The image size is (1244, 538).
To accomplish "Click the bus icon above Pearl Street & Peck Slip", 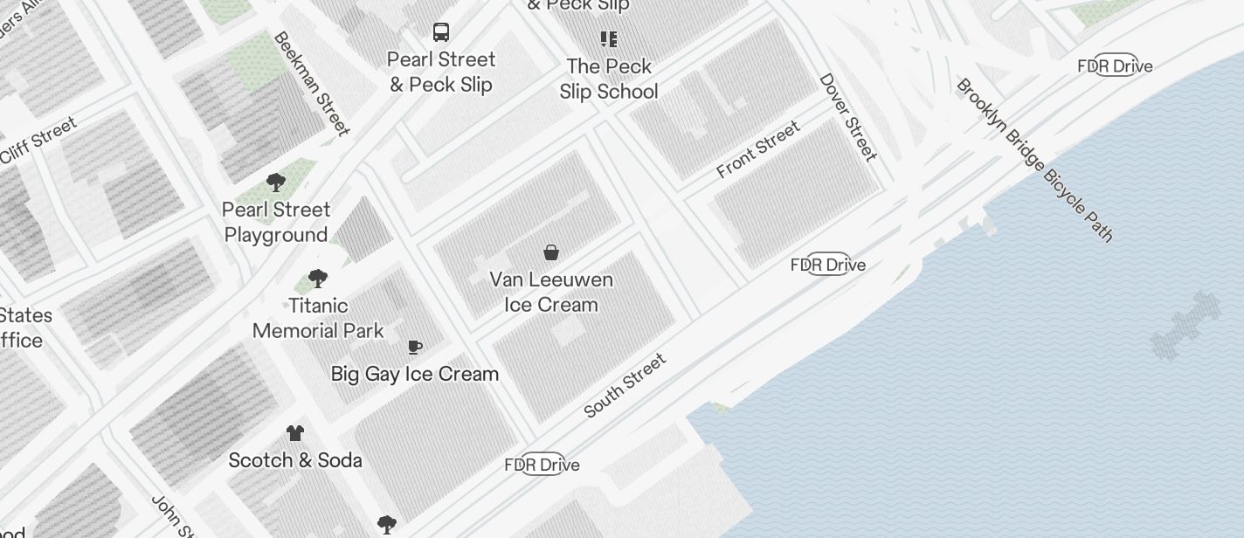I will coord(441,32).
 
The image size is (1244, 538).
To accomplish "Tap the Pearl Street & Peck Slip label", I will coord(441,72).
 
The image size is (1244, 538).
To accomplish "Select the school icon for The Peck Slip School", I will coord(609,39).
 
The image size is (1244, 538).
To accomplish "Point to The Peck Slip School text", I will coord(609,79).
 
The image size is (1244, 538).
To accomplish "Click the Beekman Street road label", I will coord(312,84).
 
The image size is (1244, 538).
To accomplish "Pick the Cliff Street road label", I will coord(38,141).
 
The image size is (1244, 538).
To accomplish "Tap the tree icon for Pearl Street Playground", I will coord(276,183).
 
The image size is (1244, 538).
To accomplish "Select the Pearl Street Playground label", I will coord(276,223).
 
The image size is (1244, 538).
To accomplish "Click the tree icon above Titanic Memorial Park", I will coord(318,279).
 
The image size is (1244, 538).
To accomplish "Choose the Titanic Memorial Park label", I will coord(318,319).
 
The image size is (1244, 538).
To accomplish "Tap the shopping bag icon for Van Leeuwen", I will coord(551,253).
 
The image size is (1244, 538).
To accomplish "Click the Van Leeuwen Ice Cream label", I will coord(551,293).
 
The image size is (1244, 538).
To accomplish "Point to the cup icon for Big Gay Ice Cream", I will coord(415,348).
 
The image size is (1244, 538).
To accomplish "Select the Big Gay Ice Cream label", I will coord(415,374).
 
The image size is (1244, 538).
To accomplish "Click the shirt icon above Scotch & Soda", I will coord(295,433).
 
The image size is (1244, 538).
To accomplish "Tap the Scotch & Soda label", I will coord(295,460).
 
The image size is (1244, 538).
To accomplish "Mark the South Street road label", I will coord(625,385).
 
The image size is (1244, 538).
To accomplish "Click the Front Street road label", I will coord(758,150).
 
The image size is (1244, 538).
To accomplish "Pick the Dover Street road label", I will coord(847,117).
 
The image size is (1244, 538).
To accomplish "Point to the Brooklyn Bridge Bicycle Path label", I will coord(1035,160).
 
